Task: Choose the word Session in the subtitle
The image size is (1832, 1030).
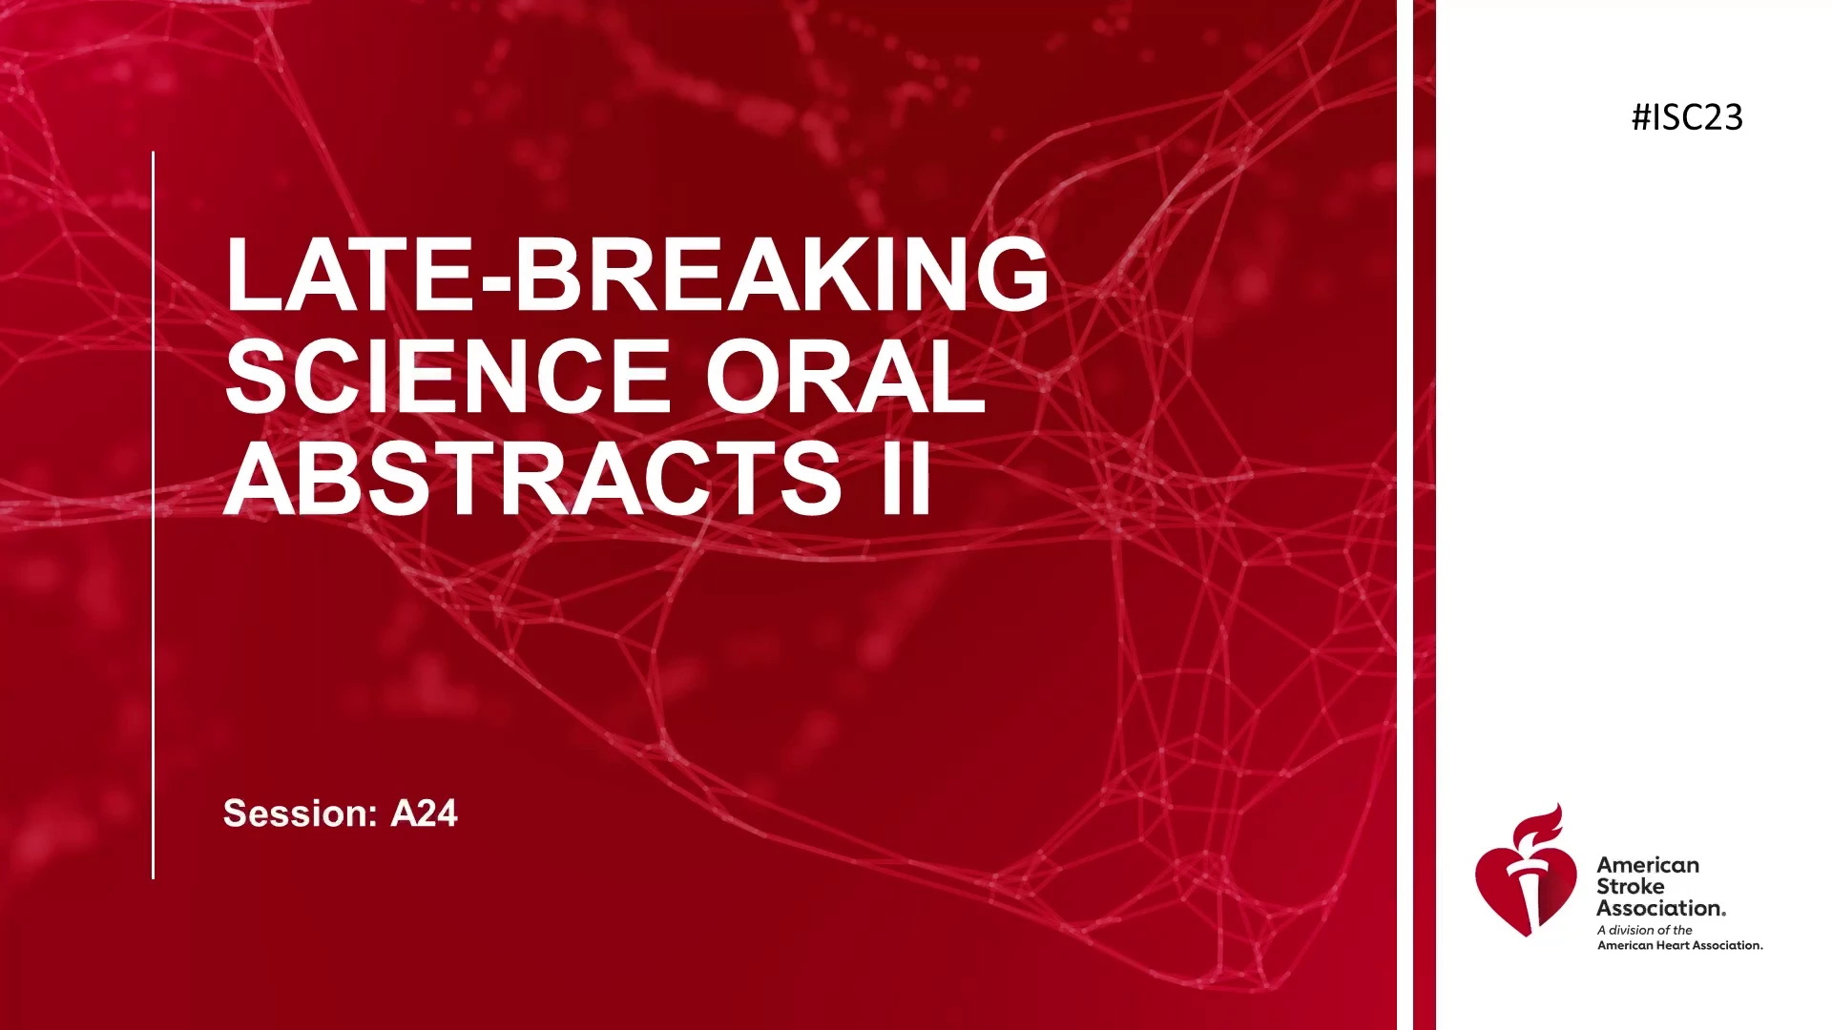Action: tap(301, 814)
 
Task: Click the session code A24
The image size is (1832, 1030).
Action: tap(425, 814)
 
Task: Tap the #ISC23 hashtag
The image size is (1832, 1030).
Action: tap(1687, 117)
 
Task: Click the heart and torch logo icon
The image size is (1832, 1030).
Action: tap(1525, 871)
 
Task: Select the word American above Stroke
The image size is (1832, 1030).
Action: tap(1648, 865)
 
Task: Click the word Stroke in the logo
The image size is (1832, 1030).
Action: tap(1630, 886)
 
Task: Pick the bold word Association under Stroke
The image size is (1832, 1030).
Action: tap(1661, 908)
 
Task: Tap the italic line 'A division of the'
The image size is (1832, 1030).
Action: tap(1645, 930)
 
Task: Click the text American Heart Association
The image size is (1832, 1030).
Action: tap(1680, 945)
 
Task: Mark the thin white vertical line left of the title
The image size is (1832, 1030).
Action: tap(153, 515)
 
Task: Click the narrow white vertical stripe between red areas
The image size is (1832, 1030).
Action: tap(1405, 515)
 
